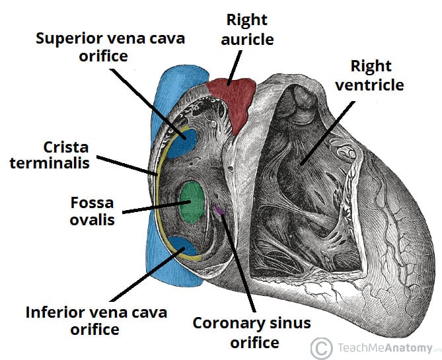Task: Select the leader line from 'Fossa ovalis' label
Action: click(153, 207)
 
